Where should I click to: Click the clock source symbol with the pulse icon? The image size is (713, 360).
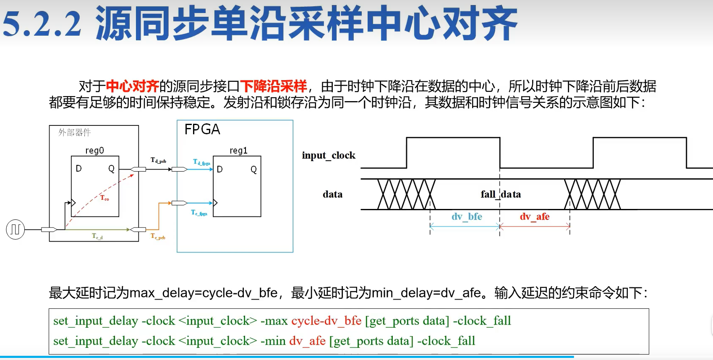coord(16,230)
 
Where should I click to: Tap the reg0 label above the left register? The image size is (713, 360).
coord(94,151)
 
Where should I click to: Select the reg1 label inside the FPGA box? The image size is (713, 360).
coord(238,151)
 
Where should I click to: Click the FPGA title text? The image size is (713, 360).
coord(202,129)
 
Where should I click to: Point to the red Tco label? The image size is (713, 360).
coord(104,198)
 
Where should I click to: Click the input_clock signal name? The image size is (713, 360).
coord(329,155)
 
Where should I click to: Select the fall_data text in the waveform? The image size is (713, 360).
coord(501,194)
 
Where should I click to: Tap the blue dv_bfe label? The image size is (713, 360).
coord(467,217)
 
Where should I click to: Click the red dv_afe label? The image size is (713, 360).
coord(535,217)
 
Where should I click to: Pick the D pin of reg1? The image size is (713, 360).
coord(220,170)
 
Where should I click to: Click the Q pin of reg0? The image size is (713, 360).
coord(111,169)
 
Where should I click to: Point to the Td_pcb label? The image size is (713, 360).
coord(158,160)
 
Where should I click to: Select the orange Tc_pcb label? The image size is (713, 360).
coord(158,236)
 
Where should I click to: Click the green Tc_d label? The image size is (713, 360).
coord(97,236)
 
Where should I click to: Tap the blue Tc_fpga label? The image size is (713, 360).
coord(199,213)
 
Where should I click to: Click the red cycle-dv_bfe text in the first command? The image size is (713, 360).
coord(326,321)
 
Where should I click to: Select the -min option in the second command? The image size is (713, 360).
coord(273,341)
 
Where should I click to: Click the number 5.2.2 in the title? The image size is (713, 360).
coord(42,23)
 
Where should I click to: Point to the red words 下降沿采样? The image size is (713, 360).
coord(274,86)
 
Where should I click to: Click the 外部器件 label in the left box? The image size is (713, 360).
coord(75,133)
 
